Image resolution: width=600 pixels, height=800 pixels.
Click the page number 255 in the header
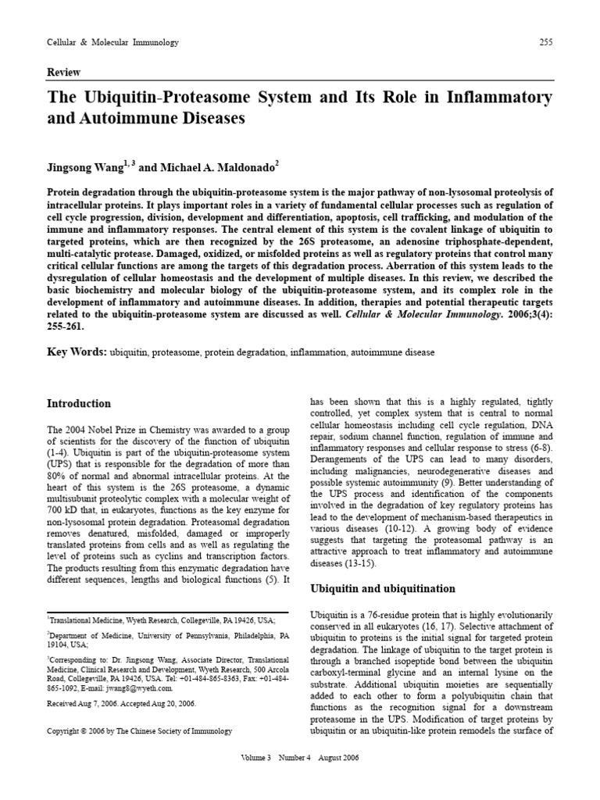[x=545, y=42]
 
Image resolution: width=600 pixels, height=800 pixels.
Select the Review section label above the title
[x=64, y=72]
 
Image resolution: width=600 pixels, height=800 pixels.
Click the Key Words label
[x=77, y=352]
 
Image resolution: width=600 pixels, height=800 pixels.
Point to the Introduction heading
[x=79, y=404]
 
